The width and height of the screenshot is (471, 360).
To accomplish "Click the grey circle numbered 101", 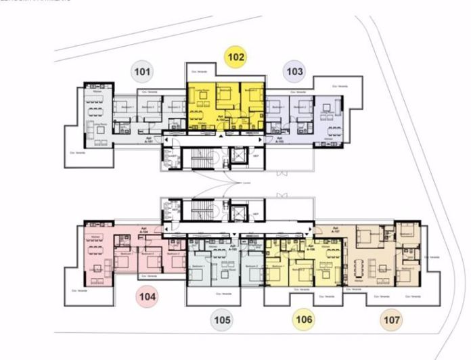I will pyautogui.click(x=143, y=70).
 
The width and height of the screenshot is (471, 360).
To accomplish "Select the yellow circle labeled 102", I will pyautogui.click(x=236, y=58).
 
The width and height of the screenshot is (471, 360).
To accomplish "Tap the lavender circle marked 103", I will pyautogui.click(x=295, y=70).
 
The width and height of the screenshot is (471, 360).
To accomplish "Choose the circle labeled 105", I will pyautogui.click(x=222, y=319).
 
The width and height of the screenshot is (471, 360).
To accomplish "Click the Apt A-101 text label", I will pyautogui.click(x=149, y=136).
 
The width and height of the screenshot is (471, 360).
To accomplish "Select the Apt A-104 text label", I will pyautogui.click(x=143, y=230).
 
